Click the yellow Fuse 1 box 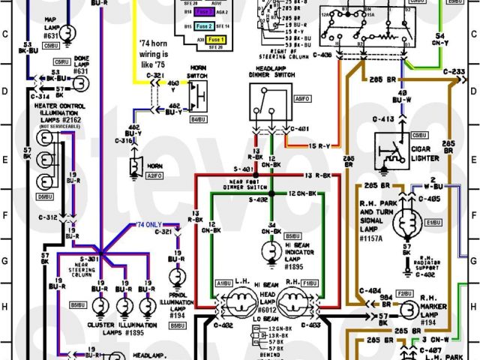[x=217, y=38]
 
